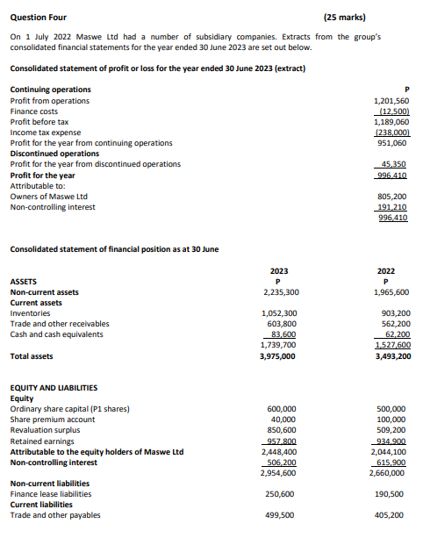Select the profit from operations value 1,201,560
point(391,101)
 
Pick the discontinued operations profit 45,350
point(394,164)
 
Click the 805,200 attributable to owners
point(391,196)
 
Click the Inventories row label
point(30,312)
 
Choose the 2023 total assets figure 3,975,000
point(279,356)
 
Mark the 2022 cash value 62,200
point(394,334)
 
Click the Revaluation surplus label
point(43,430)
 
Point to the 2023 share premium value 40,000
point(283,420)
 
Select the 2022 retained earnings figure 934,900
point(391,441)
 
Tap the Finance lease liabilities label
point(50,494)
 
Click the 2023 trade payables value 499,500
point(280,515)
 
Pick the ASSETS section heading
point(24,281)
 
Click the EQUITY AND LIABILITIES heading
point(54,387)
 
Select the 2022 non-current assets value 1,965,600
point(391,291)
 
